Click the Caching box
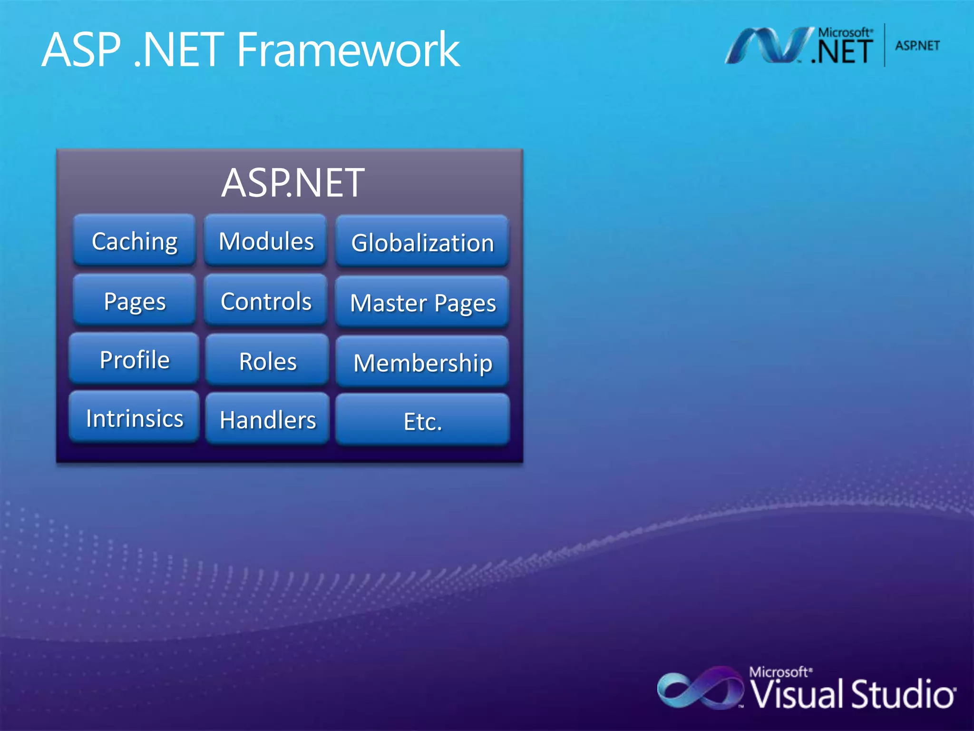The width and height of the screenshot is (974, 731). tap(135, 240)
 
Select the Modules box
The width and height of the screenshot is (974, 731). tap(265, 240)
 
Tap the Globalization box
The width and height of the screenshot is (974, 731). tap(422, 242)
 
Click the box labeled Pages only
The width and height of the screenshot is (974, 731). tap(135, 300)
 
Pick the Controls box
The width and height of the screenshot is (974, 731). tap(265, 300)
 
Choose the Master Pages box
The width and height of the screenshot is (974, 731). tap(422, 302)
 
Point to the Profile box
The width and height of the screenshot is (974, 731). tap(134, 359)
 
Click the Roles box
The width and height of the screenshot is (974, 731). tap(267, 360)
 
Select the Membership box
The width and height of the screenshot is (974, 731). tap(422, 362)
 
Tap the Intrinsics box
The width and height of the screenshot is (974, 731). tap(134, 418)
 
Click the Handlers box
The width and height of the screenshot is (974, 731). tap(267, 419)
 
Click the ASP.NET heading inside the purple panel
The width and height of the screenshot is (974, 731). tap(292, 183)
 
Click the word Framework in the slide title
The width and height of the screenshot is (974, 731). tap(348, 49)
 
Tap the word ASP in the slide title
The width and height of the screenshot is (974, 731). tap(81, 49)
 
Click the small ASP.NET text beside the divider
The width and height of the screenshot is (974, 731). tap(917, 46)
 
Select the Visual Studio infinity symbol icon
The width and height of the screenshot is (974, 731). tap(699, 688)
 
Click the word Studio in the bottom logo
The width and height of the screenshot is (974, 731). tap(902, 694)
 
